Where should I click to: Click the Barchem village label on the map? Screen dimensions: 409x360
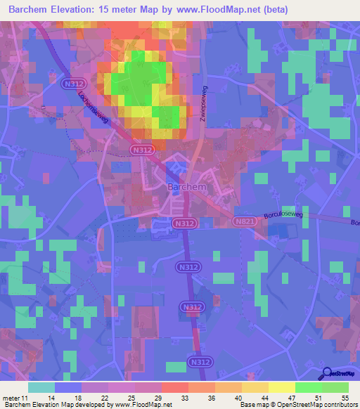(186, 188)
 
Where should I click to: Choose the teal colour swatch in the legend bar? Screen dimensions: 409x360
(41, 387)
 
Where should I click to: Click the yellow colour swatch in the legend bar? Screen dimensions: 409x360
(282, 387)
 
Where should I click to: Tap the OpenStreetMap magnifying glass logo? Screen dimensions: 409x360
(326, 373)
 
